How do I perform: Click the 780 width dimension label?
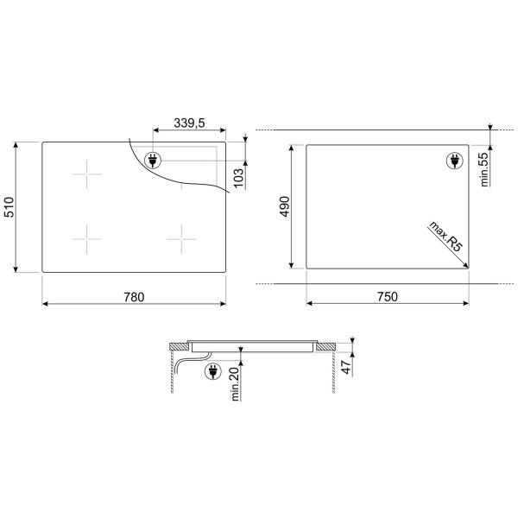coord(134,297)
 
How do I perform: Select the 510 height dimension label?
coord(9,207)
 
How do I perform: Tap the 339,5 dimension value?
coord(189,123)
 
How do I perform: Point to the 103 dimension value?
coord(238,178)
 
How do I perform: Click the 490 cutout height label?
coord(284,206)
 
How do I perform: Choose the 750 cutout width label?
coord(388,297)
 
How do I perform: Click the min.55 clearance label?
coord(484,169)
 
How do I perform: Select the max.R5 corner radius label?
coord(445,237)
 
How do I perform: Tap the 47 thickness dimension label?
coord(346,367)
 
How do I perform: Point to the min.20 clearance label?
coord(235,384)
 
